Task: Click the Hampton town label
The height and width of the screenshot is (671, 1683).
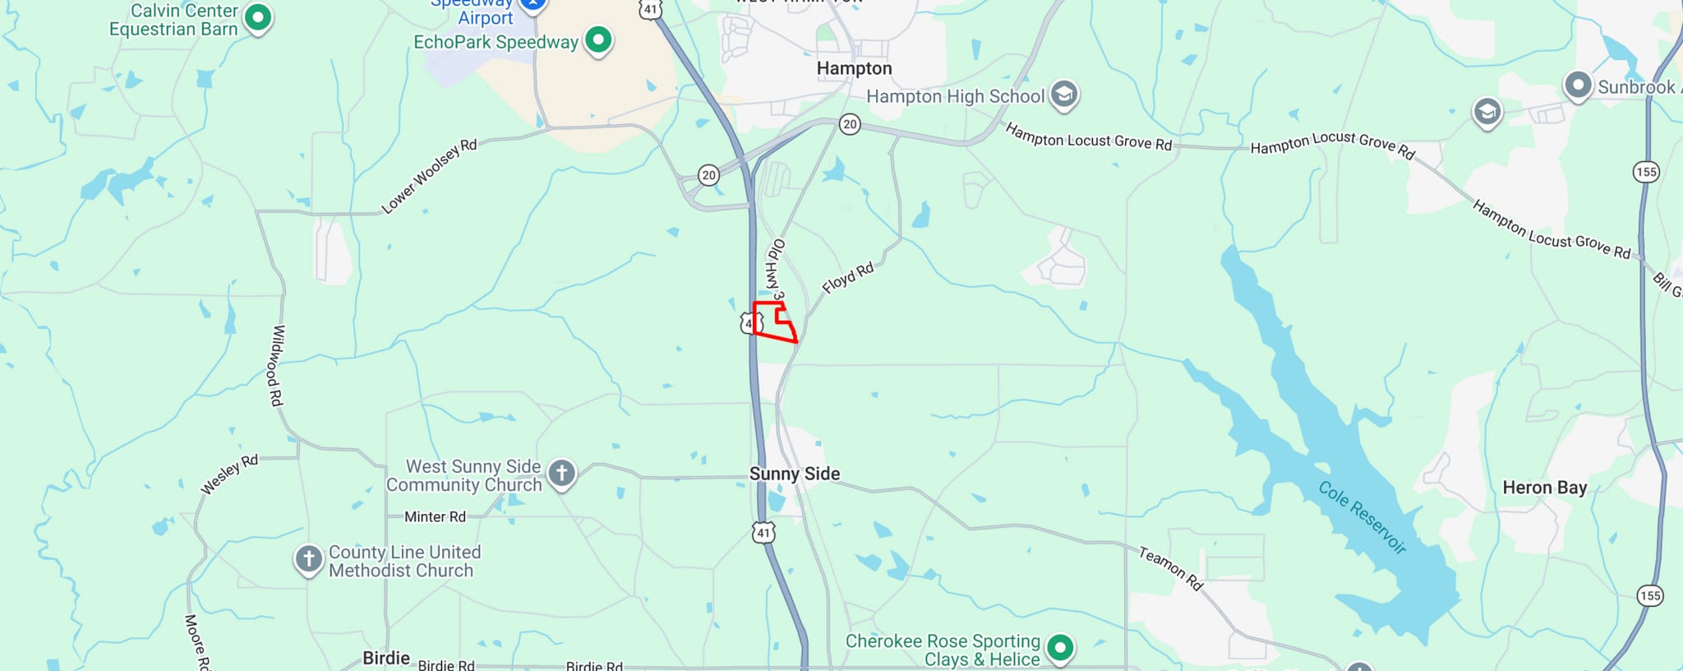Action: [854, 68]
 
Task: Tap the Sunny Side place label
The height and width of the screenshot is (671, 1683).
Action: [794, 474]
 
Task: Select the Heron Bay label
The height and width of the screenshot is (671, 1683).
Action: [1544, 488]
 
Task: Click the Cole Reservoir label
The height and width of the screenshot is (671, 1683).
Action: [1362, 516]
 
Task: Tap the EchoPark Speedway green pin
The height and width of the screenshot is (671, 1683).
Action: [598, 39]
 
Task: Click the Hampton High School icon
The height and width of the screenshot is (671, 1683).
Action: [1063, 95]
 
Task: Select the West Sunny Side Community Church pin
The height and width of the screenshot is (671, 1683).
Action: [562, 473]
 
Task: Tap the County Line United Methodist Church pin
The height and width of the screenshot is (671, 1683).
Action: [308, 559]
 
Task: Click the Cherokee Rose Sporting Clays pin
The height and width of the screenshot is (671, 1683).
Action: [1060, 648]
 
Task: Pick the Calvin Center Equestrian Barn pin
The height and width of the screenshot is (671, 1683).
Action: [258, 16]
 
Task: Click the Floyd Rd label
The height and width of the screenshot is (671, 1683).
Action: [847, 278]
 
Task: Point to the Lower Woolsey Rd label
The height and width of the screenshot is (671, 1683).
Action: [429, 176]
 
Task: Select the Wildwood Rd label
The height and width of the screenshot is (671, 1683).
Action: [278, 365]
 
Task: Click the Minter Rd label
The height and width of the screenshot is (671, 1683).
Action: [435, 517]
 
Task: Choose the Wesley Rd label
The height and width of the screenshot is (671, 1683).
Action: [229, 474]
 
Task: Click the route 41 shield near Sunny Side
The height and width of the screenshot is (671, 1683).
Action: [763, 533]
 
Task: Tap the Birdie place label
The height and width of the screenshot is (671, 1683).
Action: [386, 658]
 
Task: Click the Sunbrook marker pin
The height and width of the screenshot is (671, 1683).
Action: [1577, 86]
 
